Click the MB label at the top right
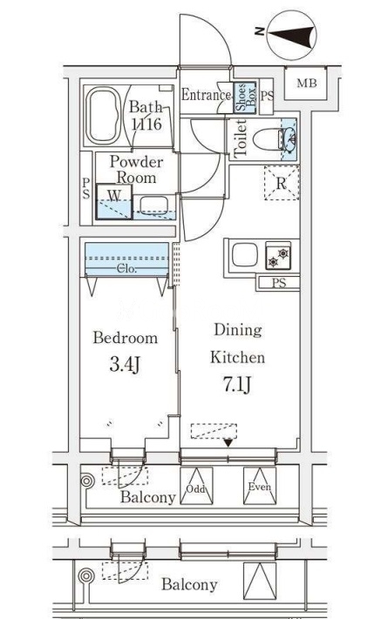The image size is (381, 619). click(307, 84)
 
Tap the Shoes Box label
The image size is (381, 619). click(245, 96)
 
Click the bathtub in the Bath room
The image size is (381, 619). click(103, 116)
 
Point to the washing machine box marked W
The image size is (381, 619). click(114, 202)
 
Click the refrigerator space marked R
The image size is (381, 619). click(282, 183)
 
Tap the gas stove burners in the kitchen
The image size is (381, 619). click(278, 255)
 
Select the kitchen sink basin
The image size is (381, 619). click(245, 254)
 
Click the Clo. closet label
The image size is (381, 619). click(127, 269)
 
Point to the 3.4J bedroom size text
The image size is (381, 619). click(125, 365)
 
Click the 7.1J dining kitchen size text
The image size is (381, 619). click(237, 385)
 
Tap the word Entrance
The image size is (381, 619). click(206, 95)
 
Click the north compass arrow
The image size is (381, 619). click(292, 35)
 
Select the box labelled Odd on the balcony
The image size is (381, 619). click(196, 486)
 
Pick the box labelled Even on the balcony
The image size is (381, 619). click(260, 486)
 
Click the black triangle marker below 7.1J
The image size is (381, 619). click(228, 443)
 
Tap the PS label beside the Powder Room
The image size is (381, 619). click(86, 188)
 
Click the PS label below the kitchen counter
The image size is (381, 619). click(279, 283)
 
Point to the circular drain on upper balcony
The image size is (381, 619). click(87, 481)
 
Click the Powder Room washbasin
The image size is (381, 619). click(153, 205)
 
